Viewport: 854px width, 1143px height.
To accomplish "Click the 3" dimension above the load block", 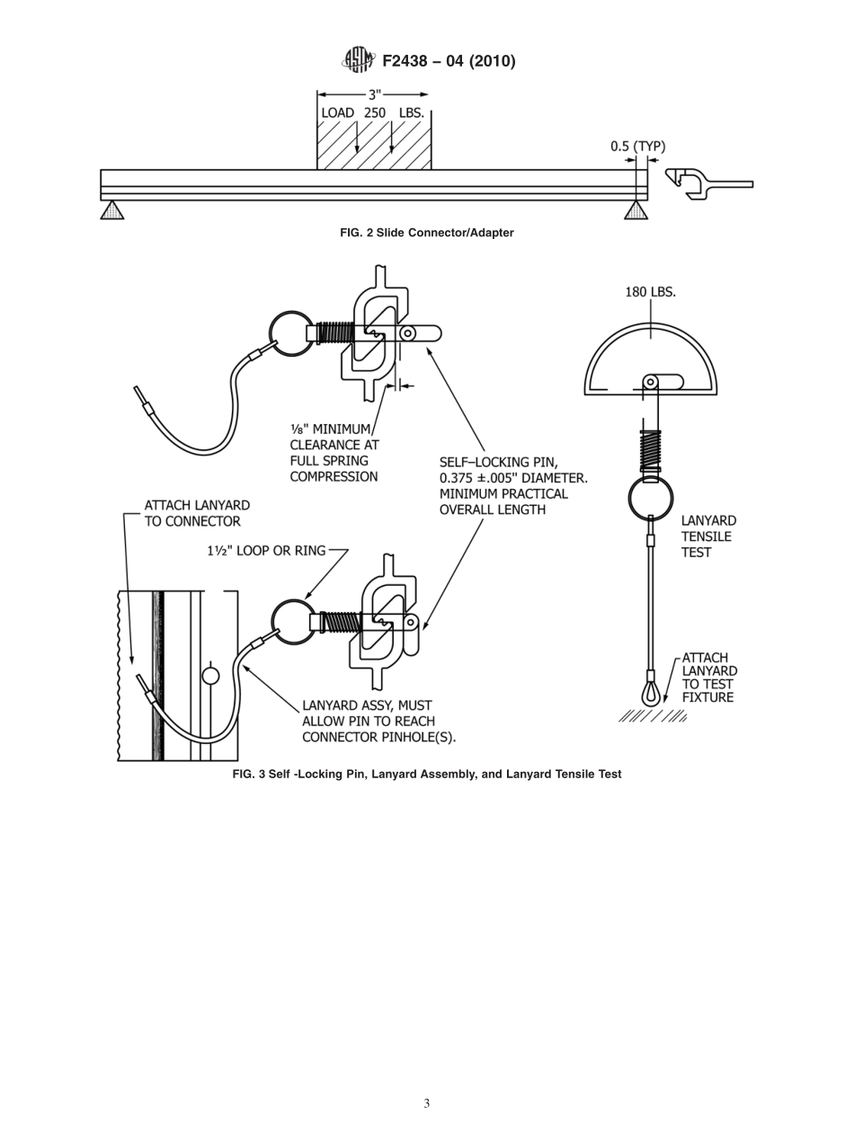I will coord(374,94).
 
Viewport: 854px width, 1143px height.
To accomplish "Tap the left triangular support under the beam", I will coord(111,210).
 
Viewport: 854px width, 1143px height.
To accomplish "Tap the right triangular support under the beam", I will coord(636,210).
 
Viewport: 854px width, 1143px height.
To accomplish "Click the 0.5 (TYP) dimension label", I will coord(637,146).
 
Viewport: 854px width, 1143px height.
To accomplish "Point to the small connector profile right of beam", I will coord(707,183).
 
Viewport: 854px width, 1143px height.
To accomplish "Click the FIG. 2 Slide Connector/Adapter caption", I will coord(426,233).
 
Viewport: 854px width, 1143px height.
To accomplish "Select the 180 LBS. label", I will coord(650,292).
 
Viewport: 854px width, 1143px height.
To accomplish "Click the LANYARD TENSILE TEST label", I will coord(708,536).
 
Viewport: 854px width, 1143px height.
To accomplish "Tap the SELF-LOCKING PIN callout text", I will coord(512,486).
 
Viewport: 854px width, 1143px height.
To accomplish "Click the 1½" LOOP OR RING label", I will coord(266,550).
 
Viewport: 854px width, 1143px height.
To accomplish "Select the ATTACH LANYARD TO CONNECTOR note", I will coord(197,513).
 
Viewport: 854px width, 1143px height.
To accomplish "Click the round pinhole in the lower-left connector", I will coord(210,675).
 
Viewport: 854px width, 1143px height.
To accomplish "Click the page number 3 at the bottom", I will coord(426,1103).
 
